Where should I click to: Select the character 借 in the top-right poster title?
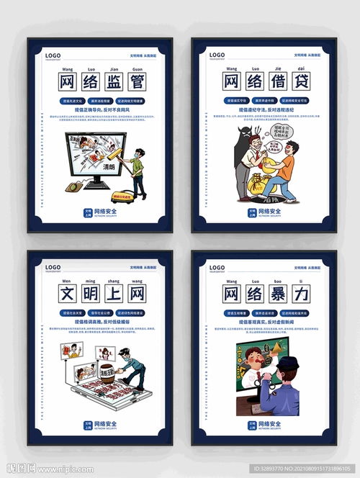tap(276, 81)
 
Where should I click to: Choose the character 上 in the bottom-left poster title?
tap(112, 294)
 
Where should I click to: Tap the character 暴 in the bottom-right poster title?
tap(276, 294)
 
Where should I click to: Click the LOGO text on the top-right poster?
tap(217, 55)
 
